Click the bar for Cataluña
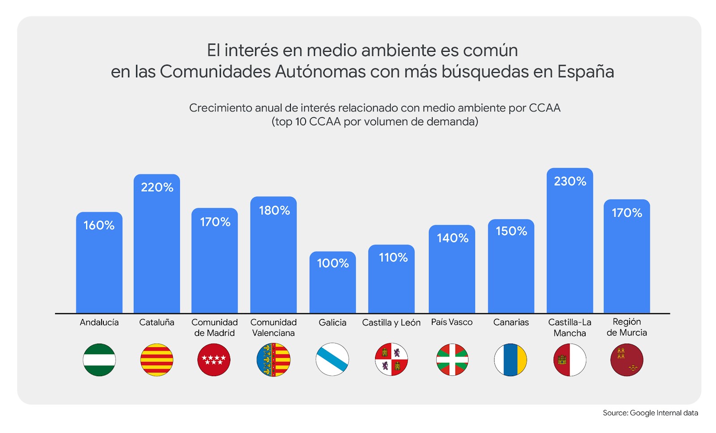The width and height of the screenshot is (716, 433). tap(157, 250)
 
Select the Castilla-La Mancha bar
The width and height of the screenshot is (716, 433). tap(570, 250)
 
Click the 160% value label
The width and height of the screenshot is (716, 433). tap(99, 225)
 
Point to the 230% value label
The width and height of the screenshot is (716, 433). tap(570, 181)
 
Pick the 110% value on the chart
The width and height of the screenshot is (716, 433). tap(393, 258)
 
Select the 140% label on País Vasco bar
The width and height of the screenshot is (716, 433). tap(452, 238)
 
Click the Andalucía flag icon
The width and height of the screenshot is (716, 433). tap(99, 360)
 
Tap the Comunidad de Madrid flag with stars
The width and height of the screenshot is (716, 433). tap(214, 360)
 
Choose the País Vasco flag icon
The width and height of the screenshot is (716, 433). tap(452, 360)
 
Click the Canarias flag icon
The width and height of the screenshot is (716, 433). tap(511, 360)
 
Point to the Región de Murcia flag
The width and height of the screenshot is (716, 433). tap(626, 360)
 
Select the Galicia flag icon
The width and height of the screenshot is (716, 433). tap(332, 360)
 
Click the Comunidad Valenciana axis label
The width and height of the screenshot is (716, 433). tap(273, 327)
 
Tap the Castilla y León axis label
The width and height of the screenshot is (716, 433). tap(391, 323)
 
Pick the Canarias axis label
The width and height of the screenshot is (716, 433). tap(511, 323)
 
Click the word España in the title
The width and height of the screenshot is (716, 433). tap(585, 72)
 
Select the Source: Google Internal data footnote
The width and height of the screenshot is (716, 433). tap(650, 413)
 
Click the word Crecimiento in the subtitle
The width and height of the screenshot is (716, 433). tap(220, 108)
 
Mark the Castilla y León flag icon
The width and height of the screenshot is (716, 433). tap(392, 360)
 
